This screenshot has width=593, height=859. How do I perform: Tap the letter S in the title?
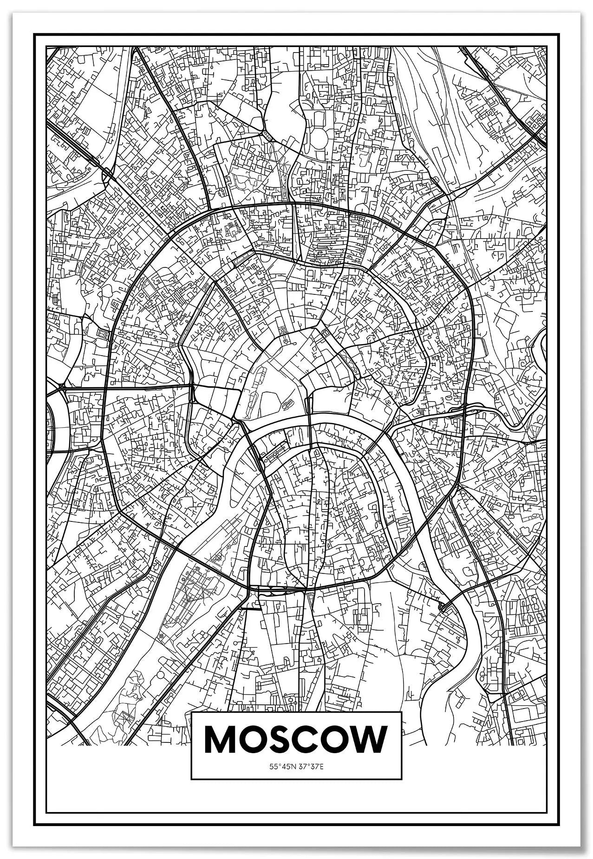pos(278,740)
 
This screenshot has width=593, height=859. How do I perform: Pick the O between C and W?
pos(333,740)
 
